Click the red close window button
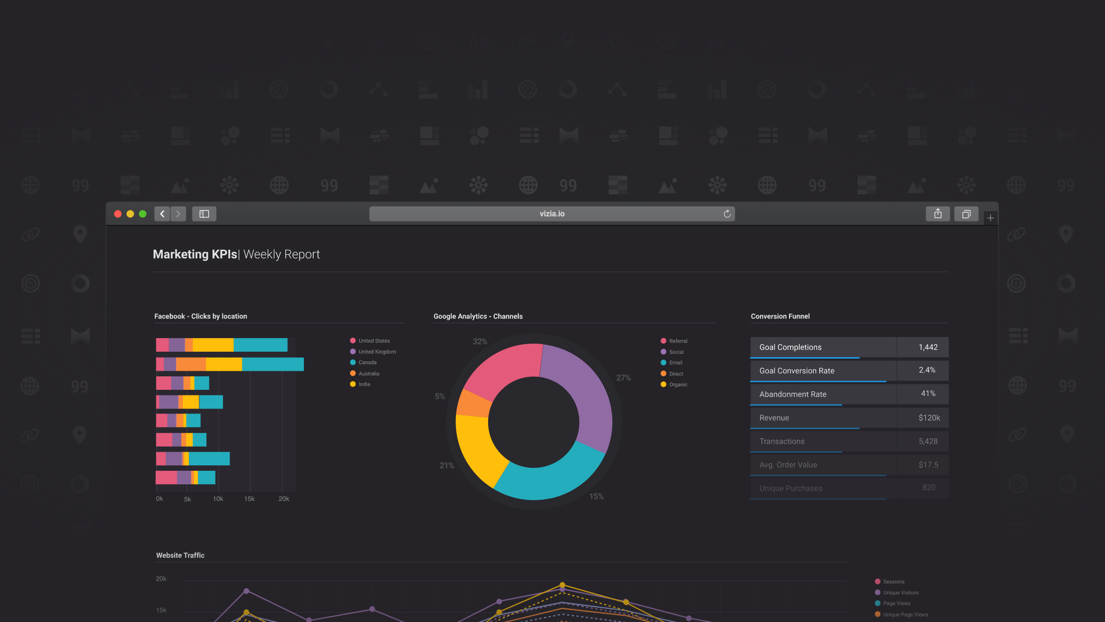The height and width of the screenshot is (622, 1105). (x=118, y=214)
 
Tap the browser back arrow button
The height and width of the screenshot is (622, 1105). (x=162, y=214)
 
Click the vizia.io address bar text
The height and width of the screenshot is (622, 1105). (x=552, y=214)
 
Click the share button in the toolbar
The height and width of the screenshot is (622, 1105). (x=937, y=214)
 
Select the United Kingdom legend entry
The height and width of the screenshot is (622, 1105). (x=377, y=352)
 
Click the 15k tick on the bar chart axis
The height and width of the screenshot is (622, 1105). (x=249, y=499)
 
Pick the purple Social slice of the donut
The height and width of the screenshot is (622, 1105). (x=583, y=397)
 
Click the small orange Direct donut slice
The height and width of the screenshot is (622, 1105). (x=474, y=403)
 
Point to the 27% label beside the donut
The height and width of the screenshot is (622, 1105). (x=623, y=378)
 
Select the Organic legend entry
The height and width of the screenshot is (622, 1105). (x=678, y=385)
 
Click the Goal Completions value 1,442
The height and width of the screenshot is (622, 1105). (x=928, y=347)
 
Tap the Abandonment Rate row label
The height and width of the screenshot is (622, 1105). (x=793, y=394)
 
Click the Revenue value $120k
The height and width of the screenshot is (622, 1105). (x=929, y=418)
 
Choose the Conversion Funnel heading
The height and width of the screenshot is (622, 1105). (x=780, y=317)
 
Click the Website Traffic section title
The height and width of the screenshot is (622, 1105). (x=180, y=555)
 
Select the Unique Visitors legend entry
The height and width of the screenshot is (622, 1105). (x=900, y=593)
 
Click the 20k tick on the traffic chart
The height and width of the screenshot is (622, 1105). (x=161, y=579)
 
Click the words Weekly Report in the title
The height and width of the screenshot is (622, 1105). (x=281, y=255)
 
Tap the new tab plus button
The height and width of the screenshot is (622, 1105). (x=990, y=218)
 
